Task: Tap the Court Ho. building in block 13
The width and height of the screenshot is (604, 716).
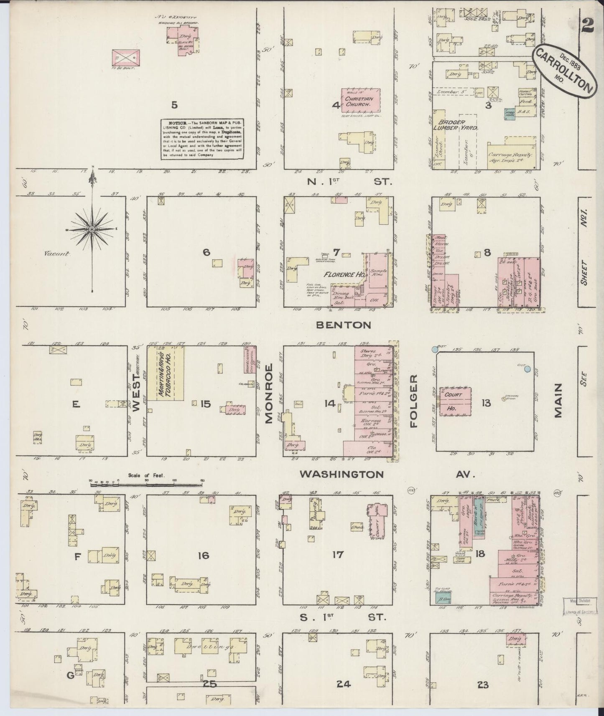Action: pyautogui.click(x=454, y=401)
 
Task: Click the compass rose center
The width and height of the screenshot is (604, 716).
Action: pyautogui.click(x=92, y=229)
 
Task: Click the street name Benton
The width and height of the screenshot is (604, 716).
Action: pyautogui.click(x=343, y=325)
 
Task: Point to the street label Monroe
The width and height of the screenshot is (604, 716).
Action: pyautogui.click(x=269, y=393)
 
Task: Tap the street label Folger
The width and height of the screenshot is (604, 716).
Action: pyautogui.click(x=413, y=401)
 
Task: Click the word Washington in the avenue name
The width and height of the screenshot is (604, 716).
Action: pyautogui.click(x=342, y=474)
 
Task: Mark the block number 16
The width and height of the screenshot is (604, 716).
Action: pyautogui.click(x=203, y=556)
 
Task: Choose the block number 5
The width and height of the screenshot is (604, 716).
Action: pyautogui.click(x=174, y=105)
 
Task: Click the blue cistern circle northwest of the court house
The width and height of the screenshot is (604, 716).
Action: pyautogui.click(x=435, y=349)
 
